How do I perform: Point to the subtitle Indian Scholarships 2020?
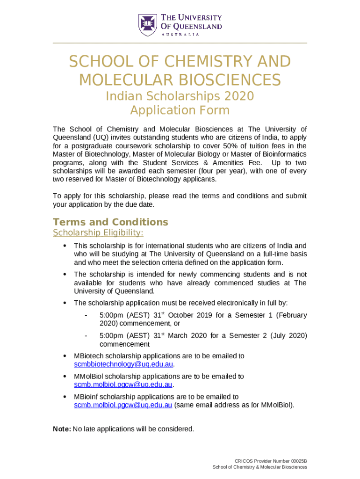180,96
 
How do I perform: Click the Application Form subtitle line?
180,110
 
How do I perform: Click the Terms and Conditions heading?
110,222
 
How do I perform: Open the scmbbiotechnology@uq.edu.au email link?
124,364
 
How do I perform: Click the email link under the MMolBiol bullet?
123,385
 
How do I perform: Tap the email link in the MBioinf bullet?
123,405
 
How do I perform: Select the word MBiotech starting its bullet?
88,356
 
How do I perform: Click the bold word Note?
62,429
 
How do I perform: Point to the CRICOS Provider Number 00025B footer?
271,461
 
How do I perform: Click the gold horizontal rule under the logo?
180,43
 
